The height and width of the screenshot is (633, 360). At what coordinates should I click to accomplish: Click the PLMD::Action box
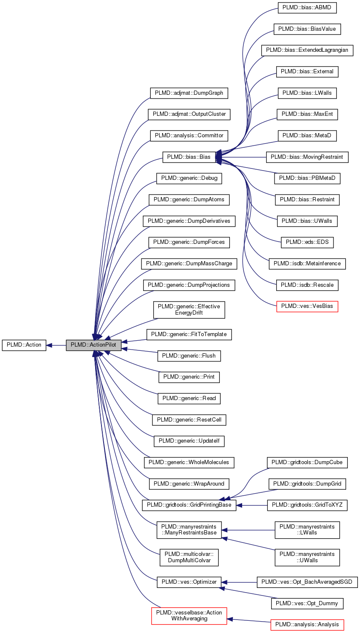(24, 345)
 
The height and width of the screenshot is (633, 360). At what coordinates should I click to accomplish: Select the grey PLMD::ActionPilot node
(93, 345)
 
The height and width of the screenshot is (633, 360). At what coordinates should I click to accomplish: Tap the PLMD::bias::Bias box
(189, 157)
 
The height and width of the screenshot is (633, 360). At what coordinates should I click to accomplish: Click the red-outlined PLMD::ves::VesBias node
(307, 306)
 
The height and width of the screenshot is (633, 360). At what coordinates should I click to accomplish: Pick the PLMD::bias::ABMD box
(307, 8)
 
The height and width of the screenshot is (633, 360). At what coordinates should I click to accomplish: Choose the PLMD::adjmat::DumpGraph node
(189, 93)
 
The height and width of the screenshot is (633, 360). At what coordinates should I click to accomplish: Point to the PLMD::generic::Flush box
(189, 356)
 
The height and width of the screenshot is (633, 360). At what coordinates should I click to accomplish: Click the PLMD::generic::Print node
(189, 377)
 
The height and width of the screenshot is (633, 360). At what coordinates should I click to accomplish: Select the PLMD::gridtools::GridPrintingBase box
(189, 505)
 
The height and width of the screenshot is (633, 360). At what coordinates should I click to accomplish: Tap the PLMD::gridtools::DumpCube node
(307, 462)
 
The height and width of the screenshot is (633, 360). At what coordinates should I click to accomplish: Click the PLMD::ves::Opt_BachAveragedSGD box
(307, 582)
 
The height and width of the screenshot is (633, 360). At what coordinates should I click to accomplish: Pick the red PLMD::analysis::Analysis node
(307, 625)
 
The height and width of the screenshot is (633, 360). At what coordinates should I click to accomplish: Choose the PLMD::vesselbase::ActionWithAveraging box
(189, 616)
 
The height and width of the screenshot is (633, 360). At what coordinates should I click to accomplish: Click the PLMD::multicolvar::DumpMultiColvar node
(189, 557)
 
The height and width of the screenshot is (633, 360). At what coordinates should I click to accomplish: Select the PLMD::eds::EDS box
(307, 242)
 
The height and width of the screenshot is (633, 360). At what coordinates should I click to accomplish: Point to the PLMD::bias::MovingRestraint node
(307, 157)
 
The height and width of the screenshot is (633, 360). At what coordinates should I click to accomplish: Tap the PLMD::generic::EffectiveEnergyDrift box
(189, 310)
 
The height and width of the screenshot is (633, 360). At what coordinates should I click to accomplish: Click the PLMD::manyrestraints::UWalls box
(307, 557)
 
